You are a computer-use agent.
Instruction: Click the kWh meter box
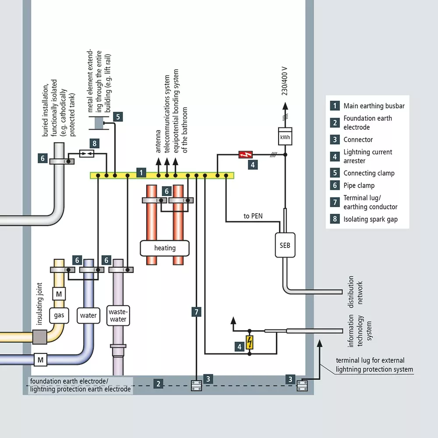285,137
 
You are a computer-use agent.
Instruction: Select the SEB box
285,245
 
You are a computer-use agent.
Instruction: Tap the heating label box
165,248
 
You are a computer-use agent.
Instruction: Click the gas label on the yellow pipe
59,315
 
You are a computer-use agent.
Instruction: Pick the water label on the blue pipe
88,315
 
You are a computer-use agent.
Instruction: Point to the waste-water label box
118,315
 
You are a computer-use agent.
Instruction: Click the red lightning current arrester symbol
245,154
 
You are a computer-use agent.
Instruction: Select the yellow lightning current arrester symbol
250,342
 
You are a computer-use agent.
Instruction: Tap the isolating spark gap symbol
86,153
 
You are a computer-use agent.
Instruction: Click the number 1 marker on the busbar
141,173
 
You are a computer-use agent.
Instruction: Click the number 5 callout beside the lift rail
117,117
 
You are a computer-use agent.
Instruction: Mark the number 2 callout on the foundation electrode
159,384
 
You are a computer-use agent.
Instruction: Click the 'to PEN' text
253,216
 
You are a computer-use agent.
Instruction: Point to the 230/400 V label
285,81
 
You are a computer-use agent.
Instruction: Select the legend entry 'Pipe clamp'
359,186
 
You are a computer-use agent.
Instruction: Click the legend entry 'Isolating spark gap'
371,219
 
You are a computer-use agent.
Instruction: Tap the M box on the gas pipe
59,292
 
